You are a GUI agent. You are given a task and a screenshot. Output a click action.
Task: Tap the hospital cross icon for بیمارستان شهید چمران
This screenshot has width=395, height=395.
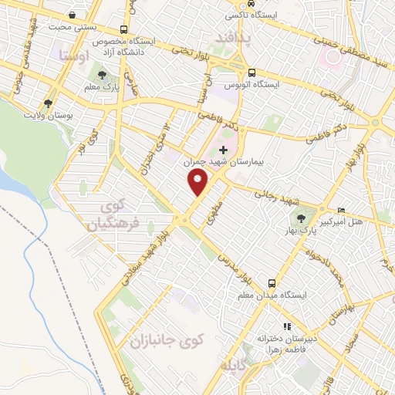pyautogui.click(x=224, y=150)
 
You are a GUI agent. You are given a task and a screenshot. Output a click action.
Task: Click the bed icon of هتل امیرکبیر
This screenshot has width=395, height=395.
pyautogui.click(x=342, y=210)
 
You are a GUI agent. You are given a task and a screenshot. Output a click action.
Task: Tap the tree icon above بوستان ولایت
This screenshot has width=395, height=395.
pyautogui.click(x=49, y=103)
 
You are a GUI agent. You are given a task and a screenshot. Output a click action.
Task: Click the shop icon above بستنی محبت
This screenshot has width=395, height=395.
pyautogui.click(x=72, y=15)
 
